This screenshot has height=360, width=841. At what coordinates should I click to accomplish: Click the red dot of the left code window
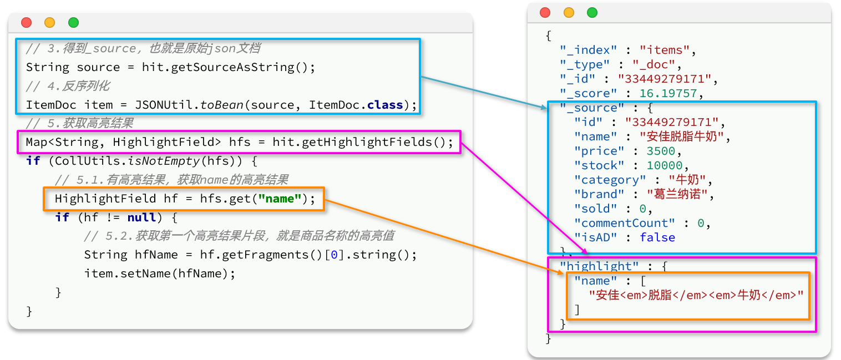26,23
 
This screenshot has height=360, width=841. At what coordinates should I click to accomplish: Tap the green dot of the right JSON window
592,12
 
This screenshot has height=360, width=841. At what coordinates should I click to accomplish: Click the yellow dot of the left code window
50,23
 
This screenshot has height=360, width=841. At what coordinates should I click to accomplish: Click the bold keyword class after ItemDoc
384,105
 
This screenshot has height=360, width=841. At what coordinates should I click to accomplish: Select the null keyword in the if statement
142,217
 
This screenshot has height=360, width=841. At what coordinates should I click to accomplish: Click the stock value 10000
665,165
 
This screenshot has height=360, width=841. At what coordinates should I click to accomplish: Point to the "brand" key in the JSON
599,194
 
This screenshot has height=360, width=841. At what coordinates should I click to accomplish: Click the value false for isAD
657,237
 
